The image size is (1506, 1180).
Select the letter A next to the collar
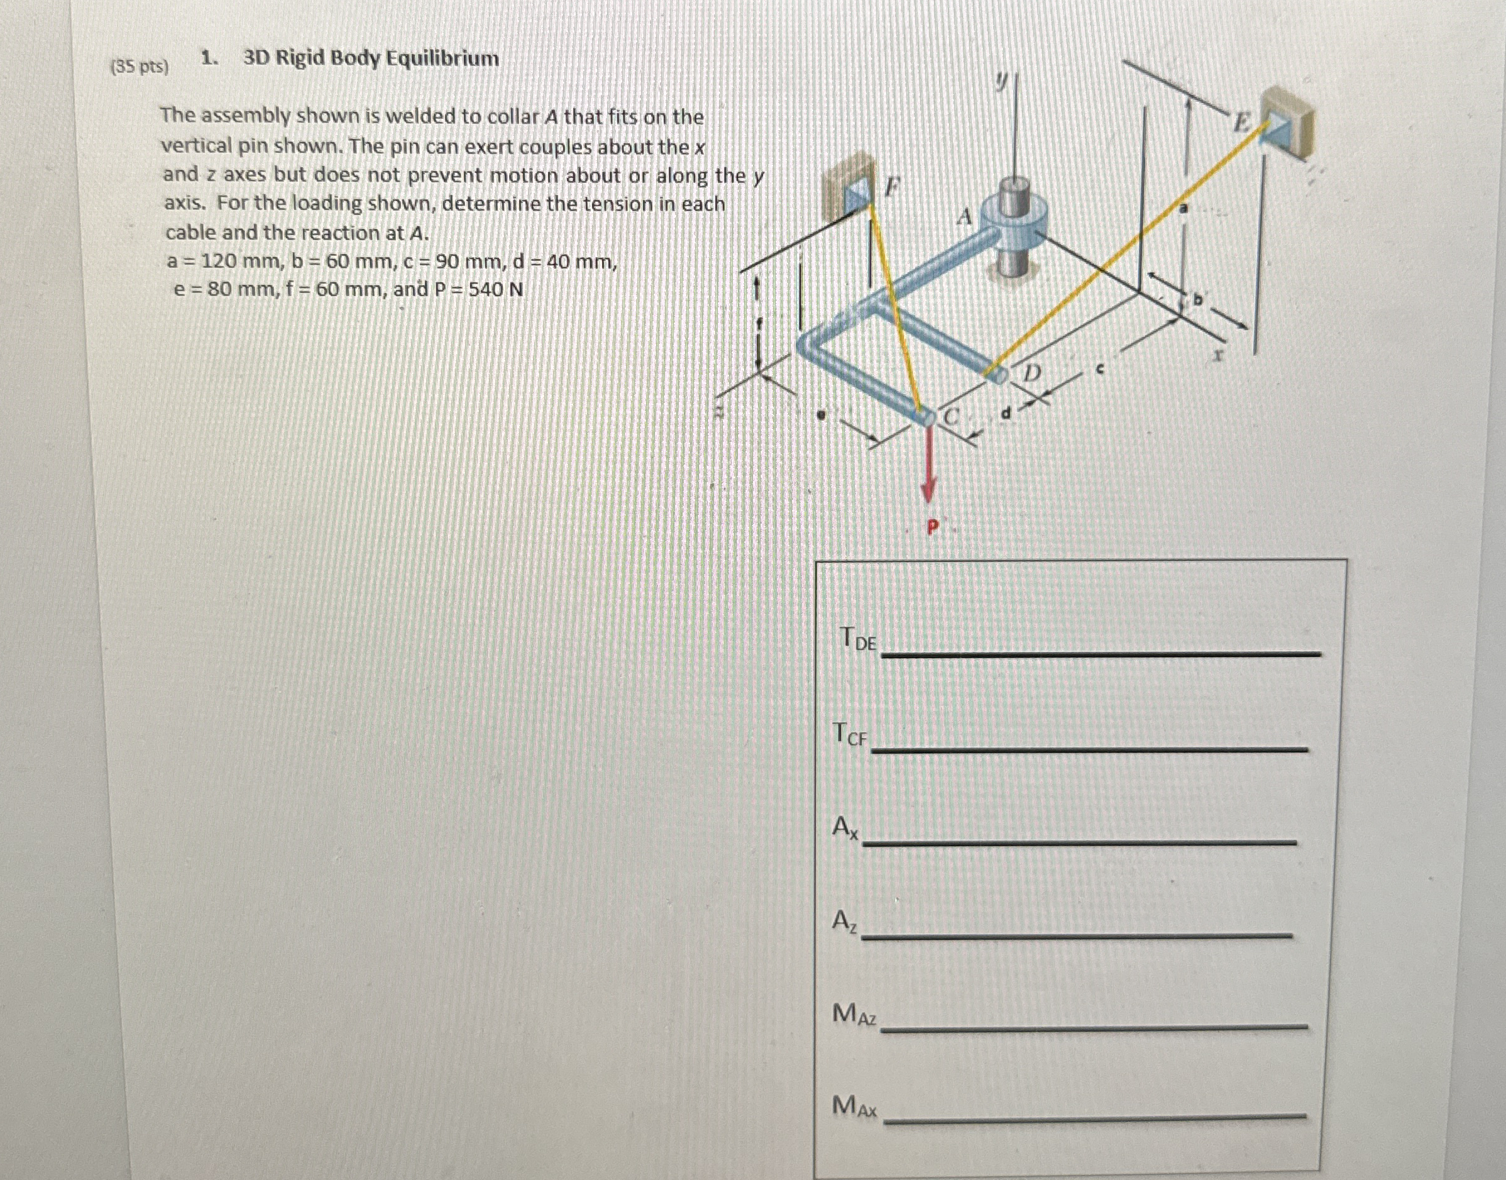click(965, 218)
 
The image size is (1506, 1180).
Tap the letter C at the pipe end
click(953, 417)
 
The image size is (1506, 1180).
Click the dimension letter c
click(1101, 370)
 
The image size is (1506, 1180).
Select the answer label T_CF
click(850, 734)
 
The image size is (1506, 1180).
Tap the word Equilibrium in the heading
click(441, 58)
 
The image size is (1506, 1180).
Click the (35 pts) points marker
click(140, 66)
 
